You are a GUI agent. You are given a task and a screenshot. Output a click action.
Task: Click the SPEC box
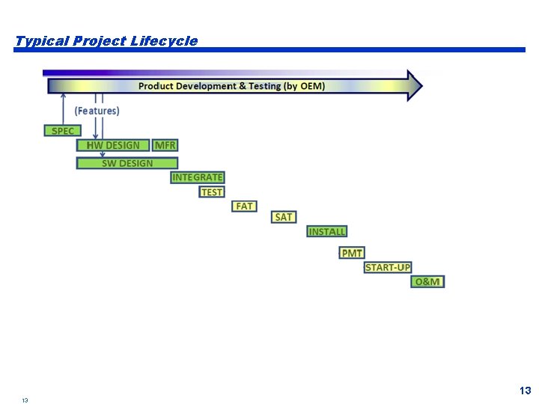63,131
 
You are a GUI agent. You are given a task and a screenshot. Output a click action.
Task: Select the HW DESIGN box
113,145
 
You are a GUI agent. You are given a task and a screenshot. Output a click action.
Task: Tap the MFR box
165,145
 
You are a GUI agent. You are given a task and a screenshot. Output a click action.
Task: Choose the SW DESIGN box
127,163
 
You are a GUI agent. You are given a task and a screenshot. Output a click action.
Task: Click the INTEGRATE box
198,177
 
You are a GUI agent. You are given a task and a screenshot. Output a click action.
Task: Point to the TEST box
212,192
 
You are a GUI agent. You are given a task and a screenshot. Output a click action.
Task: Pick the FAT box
244,206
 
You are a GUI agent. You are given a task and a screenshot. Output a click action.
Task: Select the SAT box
284,217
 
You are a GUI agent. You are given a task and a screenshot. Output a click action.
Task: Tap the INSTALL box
327,232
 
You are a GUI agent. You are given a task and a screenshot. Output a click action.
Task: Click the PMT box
352,254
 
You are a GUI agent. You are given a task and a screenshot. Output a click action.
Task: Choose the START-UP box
388,267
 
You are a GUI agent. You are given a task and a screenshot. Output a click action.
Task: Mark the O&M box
427,281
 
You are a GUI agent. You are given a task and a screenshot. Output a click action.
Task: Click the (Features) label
97,111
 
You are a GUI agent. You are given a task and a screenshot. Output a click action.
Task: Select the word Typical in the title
42,41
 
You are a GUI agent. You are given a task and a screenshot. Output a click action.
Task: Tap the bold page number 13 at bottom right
525,391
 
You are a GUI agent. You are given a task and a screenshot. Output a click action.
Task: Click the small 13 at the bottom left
25,400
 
